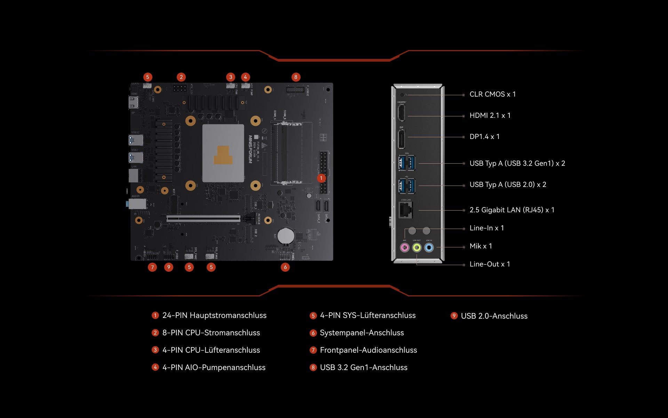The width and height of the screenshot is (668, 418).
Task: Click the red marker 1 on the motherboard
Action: pyautogui.click(x=321, y=178)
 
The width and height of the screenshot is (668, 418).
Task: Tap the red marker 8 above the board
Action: pyautogui.click(x=296, y=77)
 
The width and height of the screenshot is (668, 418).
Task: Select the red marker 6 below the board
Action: pyautogui.click(x=285, y=267)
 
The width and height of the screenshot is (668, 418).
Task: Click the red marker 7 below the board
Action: pyautogui.click(x=152, y=267)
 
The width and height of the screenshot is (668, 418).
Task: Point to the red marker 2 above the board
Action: pyautogui.click(x=181, y=77)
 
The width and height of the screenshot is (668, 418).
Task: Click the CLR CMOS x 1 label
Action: pyautogui.click(x=492, y=94)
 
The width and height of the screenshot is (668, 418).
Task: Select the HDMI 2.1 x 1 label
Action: pyautogui.click(x=490, y=115)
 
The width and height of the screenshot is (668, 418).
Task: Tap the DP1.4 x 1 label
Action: pyautogui.click(x=484, y=137)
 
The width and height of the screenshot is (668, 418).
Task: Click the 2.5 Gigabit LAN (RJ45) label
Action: pyautogui.click(x=512, y=210)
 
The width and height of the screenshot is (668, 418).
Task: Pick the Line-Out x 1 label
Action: pyautogui.click(x=490, y=264)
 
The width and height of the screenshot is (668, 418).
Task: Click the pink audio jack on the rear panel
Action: pyautogui.click(x=405, y=247)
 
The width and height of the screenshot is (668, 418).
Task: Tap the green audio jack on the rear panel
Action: pyautogui.click(x=417, y=247)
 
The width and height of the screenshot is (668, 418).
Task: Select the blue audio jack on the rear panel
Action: pyautogui.click(x=429, y=247)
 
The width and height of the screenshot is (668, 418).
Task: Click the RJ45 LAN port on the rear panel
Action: pyautogui.click(x=405, y=210)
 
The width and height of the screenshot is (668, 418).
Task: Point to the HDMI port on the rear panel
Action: pyautogui.click(x=401, y=113)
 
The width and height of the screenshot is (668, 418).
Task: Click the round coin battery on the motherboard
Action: pyautogui.click(x=286, y=236)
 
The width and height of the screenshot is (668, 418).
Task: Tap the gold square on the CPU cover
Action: pyautogui.click(x=223, y=155)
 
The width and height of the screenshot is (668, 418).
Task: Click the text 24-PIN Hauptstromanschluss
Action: pyautogui.click(x=214, y=315)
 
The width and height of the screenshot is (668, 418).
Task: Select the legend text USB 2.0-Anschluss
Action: pyautogui.click(x=494, y=316)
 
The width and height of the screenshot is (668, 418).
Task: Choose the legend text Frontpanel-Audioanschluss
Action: pyautogui.click(x=368, y=350)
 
